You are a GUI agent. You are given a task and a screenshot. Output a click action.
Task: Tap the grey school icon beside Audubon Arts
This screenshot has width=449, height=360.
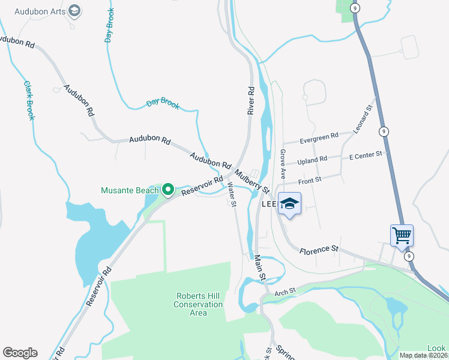tap(74, 10)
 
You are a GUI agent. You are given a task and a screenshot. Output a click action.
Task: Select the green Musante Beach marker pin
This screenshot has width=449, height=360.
tap(169, 191)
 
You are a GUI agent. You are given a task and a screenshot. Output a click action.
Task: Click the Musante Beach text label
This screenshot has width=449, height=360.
tap(130, 191)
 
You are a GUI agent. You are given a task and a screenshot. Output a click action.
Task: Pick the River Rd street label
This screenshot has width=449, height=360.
tap(251, 100)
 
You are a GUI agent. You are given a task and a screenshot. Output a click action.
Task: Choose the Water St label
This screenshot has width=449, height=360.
tap(231, 195)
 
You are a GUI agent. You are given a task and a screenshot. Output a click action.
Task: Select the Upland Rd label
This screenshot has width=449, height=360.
tap(312, 160)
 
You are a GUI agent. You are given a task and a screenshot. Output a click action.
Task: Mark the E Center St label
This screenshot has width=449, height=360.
tap(366, 155)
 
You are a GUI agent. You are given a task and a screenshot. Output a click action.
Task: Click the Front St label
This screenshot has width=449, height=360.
tap(310, 179)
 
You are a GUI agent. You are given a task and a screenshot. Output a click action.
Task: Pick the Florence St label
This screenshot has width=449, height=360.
tap(319, 249)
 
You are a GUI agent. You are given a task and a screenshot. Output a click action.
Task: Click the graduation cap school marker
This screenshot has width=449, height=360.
tap(289, 203)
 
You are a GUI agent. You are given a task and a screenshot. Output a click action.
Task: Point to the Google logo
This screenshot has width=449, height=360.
tap(20, 353)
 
